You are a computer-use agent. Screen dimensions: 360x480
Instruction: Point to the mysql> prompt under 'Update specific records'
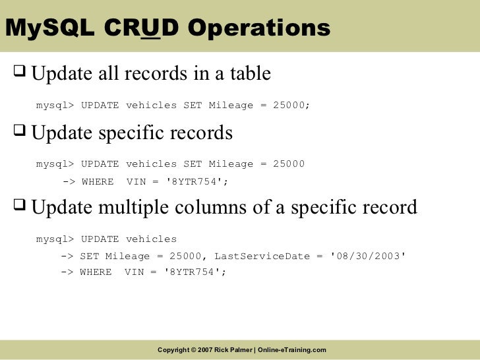56,164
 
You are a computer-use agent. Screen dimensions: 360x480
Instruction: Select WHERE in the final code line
96,272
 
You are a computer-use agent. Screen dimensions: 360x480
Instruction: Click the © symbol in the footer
193,349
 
